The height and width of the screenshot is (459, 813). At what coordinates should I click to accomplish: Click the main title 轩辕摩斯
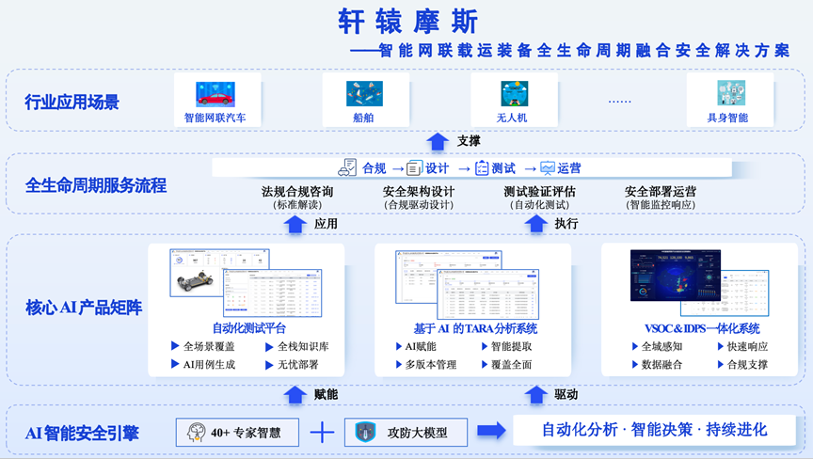tap(407, 23)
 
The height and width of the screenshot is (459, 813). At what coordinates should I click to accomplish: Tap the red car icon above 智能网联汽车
tap(215, 93)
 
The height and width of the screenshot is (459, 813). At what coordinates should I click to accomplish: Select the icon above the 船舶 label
tap(363, 93)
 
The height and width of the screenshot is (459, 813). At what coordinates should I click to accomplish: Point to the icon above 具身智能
tap(729, 93)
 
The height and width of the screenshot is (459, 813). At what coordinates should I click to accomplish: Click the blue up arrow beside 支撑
tap(438, 141)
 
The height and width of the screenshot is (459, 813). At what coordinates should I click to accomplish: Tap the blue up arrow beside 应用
tap(295, 224)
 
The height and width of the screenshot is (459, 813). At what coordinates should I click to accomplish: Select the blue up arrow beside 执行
tap(536, 224)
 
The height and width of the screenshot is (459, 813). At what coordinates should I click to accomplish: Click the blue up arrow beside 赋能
tap(295, 394)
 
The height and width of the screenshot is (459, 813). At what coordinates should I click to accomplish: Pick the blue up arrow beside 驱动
tap(536, 394)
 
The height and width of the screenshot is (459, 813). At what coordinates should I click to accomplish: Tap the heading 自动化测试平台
tap(249, 328)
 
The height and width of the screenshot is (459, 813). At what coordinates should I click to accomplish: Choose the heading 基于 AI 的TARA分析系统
tap(475, 328)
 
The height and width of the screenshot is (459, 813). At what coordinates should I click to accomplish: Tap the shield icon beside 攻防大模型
tap(365, 433)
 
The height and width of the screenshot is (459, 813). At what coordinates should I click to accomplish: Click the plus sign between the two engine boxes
tap(323, 433)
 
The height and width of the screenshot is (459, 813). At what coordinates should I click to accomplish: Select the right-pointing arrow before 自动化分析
tap(491, 431)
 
